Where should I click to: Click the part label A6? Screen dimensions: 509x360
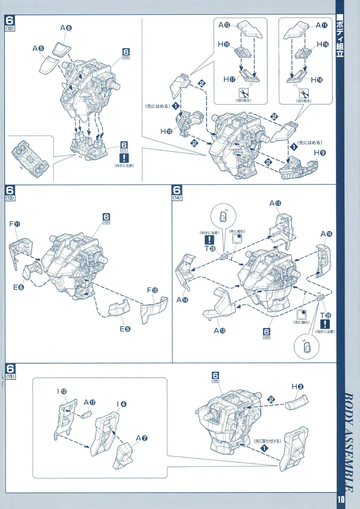tap(66, 28)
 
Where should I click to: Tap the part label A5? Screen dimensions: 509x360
tap(38, 49)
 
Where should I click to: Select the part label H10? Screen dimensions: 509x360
tap(166, 131)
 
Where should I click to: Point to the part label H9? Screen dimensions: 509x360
tap(320, 153)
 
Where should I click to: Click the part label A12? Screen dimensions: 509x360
tap(224, 25)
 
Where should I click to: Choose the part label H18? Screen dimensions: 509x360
tap(317, 80)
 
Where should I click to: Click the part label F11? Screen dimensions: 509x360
tap(15, 224)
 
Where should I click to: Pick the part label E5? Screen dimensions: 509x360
tap(125, 328)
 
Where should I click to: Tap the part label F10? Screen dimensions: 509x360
tap(152, 290)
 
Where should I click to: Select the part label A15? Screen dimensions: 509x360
tap(275, 203)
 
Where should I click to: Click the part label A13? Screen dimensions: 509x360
tap(220, 330)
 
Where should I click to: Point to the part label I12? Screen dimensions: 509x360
tap(62, 392)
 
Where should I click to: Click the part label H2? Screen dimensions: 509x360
tap(298, 387)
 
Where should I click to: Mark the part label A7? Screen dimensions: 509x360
tap(141, 438)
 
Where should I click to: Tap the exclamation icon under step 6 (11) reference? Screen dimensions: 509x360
tap(124, 158)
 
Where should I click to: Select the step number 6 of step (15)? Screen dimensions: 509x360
tap(11, 368)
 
